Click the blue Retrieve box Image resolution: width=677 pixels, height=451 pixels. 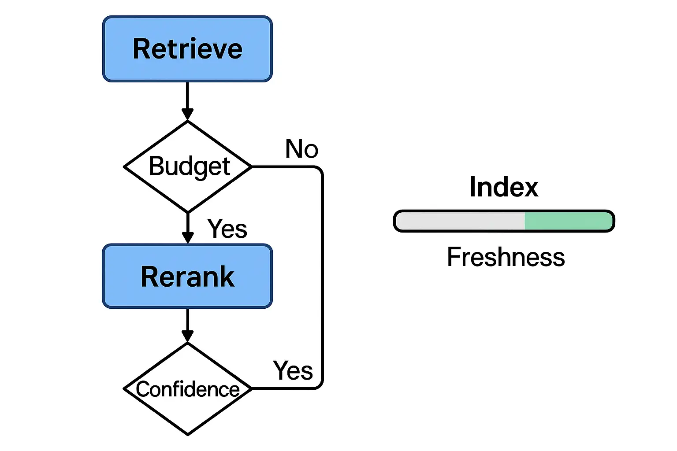click(x=187, y=49)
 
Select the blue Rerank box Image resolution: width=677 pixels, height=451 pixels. click(x=187, y=277)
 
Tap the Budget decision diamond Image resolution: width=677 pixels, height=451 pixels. click(x=188, y=167)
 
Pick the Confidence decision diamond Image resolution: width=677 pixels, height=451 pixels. click(x=188, y=389)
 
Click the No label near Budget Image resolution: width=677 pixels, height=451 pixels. click(x=301, y=149)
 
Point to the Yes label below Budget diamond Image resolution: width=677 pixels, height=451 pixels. click(x=227, y=229)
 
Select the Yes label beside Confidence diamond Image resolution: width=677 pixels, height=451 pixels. click(x=293, y=370)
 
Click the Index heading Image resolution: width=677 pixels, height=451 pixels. click(x=504, y=187)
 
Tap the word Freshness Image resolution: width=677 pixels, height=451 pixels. click(x=506, y=257)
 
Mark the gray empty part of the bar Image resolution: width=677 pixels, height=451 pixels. click(x=461, y=221)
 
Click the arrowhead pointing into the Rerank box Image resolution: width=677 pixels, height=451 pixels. click(x=188, y=238)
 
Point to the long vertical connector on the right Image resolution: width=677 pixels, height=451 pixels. click(x=322, y=277)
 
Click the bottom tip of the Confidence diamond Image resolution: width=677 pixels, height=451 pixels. click(x=188, y=434)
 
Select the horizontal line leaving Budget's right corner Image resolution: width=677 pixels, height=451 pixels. click(x=282, y=167)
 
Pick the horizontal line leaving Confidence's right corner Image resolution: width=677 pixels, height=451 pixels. click(x=282, y=389)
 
